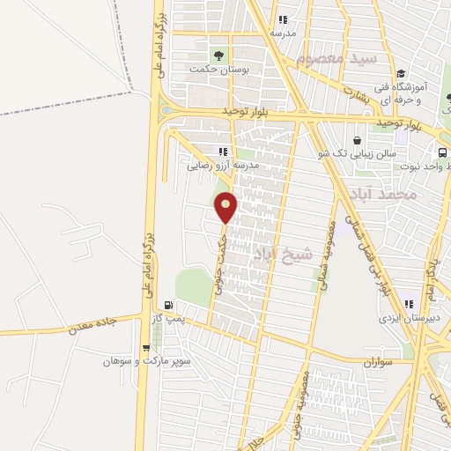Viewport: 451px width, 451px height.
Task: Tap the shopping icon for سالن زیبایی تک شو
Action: coord(357,140)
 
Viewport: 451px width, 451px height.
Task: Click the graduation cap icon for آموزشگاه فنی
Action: coord(401,74)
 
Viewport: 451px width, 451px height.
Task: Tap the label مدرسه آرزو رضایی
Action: coord(223,165)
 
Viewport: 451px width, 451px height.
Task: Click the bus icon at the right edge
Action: coord(442,152)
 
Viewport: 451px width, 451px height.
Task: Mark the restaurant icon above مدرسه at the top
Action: coord(282,19)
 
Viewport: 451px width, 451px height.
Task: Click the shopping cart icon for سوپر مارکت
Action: coord(145,349)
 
